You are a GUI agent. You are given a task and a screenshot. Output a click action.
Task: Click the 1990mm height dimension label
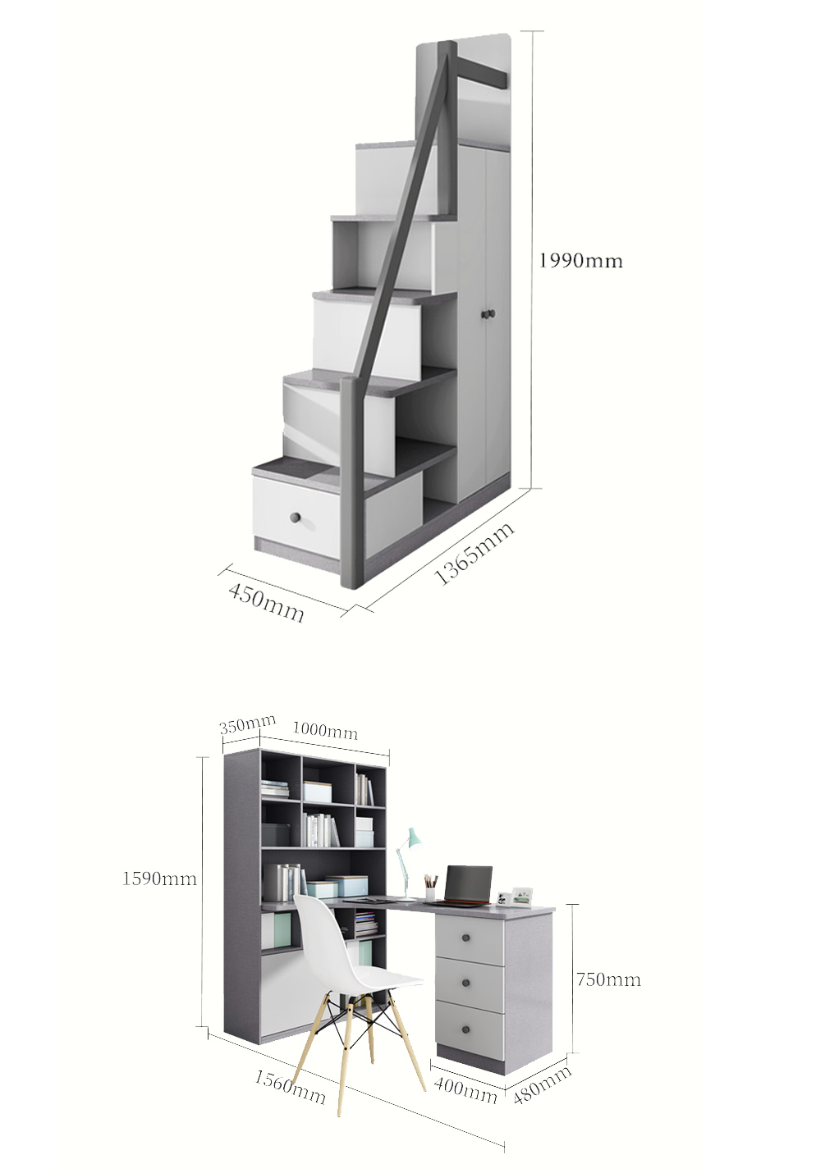coord(581,260)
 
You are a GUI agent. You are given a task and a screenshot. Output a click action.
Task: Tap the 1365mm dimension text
coord(474,553)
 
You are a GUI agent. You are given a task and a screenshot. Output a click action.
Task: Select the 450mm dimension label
coord(266,603)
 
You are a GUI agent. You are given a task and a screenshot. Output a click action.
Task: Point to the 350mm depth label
coord(247,725)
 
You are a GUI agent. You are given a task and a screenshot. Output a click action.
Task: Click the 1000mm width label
coord(325,730)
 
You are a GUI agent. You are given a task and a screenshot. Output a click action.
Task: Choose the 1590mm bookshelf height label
coord(159,879)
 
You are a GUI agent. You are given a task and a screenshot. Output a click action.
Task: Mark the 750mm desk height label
coord(608,979)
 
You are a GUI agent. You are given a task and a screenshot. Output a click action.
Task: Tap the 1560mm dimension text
coord(291,1086)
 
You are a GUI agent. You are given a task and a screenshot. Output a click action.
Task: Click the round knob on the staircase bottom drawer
coord(296,517)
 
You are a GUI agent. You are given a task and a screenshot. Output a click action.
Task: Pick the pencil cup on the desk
coord(430,893)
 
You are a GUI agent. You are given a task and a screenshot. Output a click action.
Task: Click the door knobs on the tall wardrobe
coord(488,314)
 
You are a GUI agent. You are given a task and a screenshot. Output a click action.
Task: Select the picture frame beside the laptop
coord(522,896)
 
